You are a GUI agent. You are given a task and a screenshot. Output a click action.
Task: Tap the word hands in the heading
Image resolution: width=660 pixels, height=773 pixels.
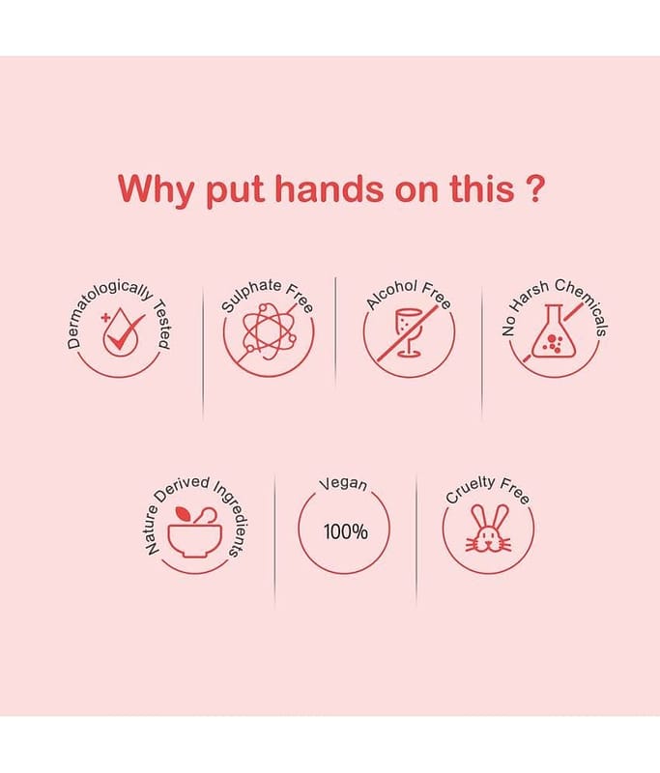click(329, 188)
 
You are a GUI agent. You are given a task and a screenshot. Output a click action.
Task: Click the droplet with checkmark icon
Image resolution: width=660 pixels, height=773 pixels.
click(124, 332)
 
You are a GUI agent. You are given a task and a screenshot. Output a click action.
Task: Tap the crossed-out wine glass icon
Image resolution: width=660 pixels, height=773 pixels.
click(409, 331)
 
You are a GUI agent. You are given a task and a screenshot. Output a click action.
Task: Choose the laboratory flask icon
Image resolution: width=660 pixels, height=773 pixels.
click(554, 330)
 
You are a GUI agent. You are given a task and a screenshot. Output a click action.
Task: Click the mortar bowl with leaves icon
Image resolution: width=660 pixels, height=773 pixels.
click(194, 532)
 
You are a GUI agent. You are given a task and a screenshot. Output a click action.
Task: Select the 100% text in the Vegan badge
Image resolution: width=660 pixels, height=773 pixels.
click(346, 532)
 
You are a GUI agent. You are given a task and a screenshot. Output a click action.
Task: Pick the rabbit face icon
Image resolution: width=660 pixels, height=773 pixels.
click(488, 529)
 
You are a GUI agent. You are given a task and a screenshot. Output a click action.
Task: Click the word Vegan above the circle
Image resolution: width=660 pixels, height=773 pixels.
click(343, 484)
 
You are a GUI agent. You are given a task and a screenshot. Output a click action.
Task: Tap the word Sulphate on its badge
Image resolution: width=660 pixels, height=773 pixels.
click(250, 295)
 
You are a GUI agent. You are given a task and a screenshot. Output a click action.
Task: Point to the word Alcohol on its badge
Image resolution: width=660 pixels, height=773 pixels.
click(392, 294)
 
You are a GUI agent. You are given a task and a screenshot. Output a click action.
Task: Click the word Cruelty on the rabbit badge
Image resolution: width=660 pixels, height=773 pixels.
click(470, 489)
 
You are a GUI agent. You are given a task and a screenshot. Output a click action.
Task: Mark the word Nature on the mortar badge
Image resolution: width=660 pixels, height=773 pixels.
click(152, 530)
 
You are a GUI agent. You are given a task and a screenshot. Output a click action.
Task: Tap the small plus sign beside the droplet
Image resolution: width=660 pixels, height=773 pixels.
click(105, 318)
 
